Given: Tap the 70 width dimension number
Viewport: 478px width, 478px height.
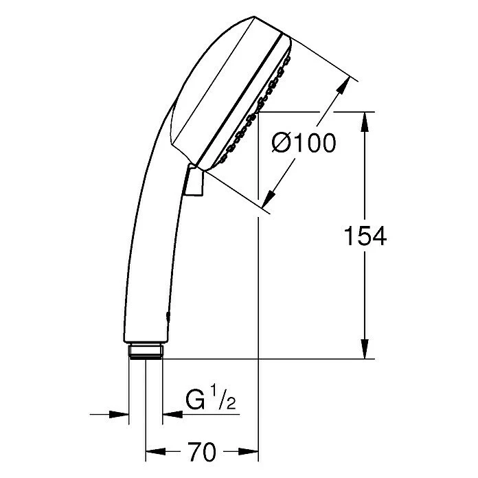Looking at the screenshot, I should tap(201, 453).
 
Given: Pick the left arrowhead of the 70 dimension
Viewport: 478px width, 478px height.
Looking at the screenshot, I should tap(152, 453).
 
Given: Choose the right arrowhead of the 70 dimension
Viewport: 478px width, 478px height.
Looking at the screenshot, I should tap(251, 453).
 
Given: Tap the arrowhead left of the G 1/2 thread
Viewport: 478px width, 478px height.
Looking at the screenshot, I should tap(122, 414).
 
